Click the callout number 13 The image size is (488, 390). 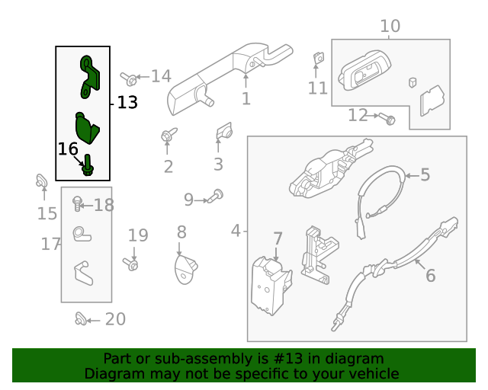(x=127, y=102)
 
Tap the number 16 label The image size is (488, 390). (x=68, y=149)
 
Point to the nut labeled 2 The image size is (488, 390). (x=166, y=136)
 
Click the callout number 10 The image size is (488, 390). (x=390, y=27)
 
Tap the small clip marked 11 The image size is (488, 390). (x=318, y=58)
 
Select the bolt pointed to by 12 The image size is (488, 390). (x=389, y=119)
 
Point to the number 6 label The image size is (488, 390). (x=430, y=275)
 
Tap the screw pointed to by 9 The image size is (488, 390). (x=217, y=196)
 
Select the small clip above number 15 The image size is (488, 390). (x=43, y=182)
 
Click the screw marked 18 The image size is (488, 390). (x=77, y=203)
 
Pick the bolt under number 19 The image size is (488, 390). (x=132, y=265)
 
